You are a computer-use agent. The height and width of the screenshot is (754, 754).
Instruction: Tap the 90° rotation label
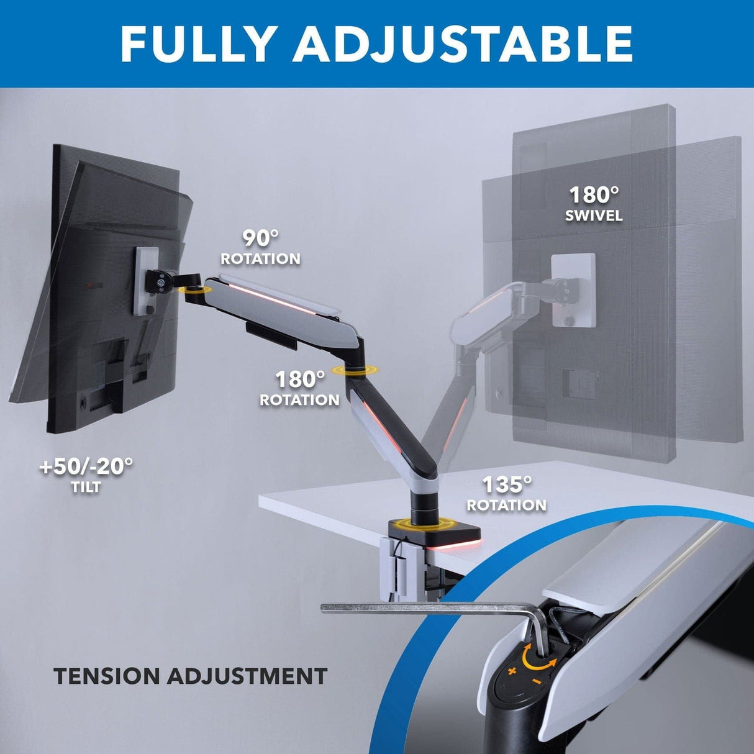pyautogui.click(x=261, y=248)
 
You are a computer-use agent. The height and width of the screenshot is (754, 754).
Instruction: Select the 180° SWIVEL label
pyautogui.click(x=594, y=204)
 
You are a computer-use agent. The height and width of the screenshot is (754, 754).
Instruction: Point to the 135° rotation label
pyautogui.click(x=507, y=494)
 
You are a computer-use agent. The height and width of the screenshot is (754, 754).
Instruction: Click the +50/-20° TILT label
pyautogui.click(x=86, y=475)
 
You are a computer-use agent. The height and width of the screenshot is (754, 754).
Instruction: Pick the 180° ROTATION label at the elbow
pyautogui.click(x=299, y=388)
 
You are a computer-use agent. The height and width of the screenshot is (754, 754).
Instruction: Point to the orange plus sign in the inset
pyautogui.click(x=512, y=671)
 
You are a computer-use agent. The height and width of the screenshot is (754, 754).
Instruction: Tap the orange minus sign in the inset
pyautogui.click(x=536, y=681)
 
